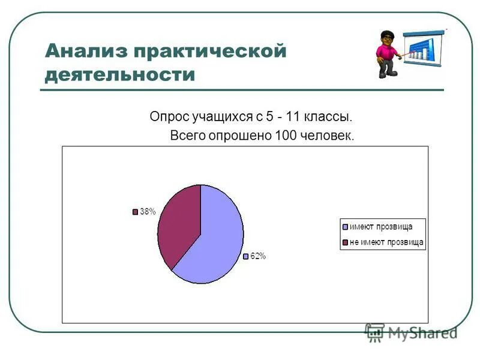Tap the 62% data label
coord(258,256)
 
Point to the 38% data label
coord(148,212)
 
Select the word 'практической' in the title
coord(209,50)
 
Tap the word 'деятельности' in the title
coord(120,75)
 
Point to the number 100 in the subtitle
coord(284,136)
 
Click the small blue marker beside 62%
coord(245,257)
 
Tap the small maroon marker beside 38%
coord(135,212)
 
